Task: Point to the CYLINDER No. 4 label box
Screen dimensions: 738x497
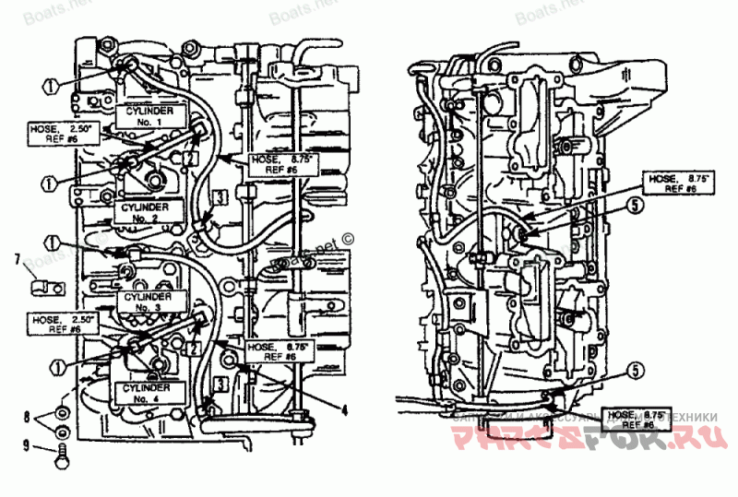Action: pos(145,393)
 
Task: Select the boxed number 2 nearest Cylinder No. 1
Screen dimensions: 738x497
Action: pos(189,159)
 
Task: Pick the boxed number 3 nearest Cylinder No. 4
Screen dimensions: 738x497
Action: pos(220,383)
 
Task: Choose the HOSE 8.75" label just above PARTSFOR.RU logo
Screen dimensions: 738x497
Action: pos(637,420)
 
